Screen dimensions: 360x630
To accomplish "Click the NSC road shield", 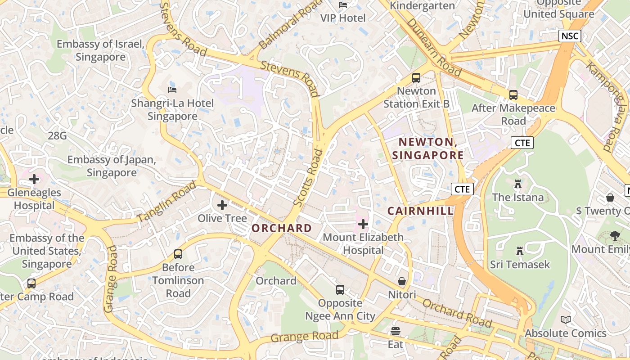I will point(570,36).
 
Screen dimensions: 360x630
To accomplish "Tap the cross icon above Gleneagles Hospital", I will point(34,180).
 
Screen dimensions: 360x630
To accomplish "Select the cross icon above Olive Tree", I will point(222,205).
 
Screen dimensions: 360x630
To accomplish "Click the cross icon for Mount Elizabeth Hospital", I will point(363,224).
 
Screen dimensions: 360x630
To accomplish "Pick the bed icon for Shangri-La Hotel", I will point(172,90).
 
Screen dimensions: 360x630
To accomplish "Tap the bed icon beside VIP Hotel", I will point(343,5).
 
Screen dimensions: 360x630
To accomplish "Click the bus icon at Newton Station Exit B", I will point(416,78).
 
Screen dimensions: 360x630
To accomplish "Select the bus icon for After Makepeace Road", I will point(513,95).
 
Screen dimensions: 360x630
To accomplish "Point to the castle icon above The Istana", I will point(518,184).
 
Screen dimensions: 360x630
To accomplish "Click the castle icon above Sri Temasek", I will point(520,251).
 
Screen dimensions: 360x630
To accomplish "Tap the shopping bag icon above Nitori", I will point(402,282).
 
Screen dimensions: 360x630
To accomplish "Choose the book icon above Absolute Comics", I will point(566,320).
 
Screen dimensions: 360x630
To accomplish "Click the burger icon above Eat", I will point(396,332).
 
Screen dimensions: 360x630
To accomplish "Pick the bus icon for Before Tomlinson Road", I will point(178,254).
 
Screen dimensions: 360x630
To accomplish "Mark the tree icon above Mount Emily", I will point(615,235).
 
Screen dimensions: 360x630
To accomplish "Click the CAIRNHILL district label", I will point(420,211).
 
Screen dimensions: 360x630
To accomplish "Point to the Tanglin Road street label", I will point(167,201).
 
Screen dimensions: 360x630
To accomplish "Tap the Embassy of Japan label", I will point(112,166).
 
